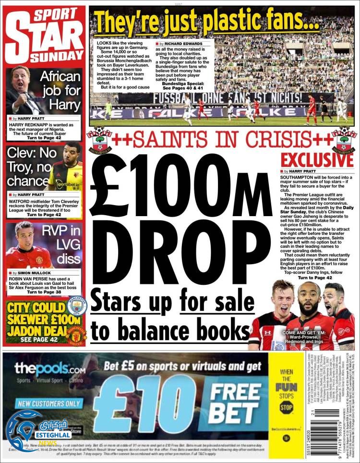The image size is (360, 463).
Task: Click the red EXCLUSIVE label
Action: tap(317, 160)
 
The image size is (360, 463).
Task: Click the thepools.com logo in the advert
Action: tap(50, 369)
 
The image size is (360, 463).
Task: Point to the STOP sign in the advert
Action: tap(286, 407)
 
